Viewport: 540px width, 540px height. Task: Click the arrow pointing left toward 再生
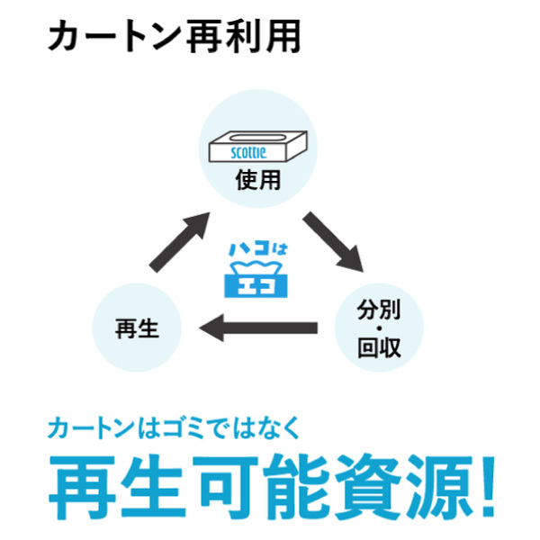(258, 328)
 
